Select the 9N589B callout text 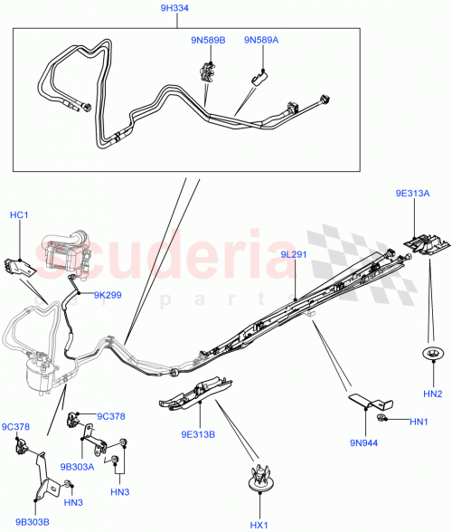208,40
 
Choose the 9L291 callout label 294,255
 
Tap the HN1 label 419,422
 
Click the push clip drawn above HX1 260,479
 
